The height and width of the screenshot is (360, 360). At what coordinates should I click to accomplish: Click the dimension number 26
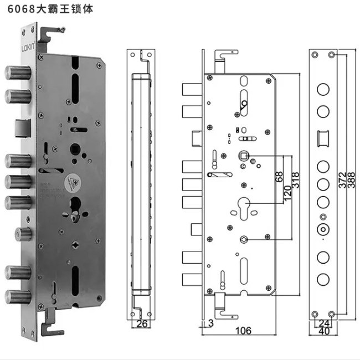[x=142, y=324]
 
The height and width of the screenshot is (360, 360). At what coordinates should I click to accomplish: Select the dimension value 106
[x=243, y=331]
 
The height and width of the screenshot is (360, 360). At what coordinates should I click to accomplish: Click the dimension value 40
[x=323, y=331]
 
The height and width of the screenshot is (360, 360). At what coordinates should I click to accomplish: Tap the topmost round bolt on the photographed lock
[x=16, y=73]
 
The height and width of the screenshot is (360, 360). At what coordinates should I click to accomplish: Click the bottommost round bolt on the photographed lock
[x=16, y=294]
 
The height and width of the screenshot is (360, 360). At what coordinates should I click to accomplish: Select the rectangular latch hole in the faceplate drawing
[x=322, y=136]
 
